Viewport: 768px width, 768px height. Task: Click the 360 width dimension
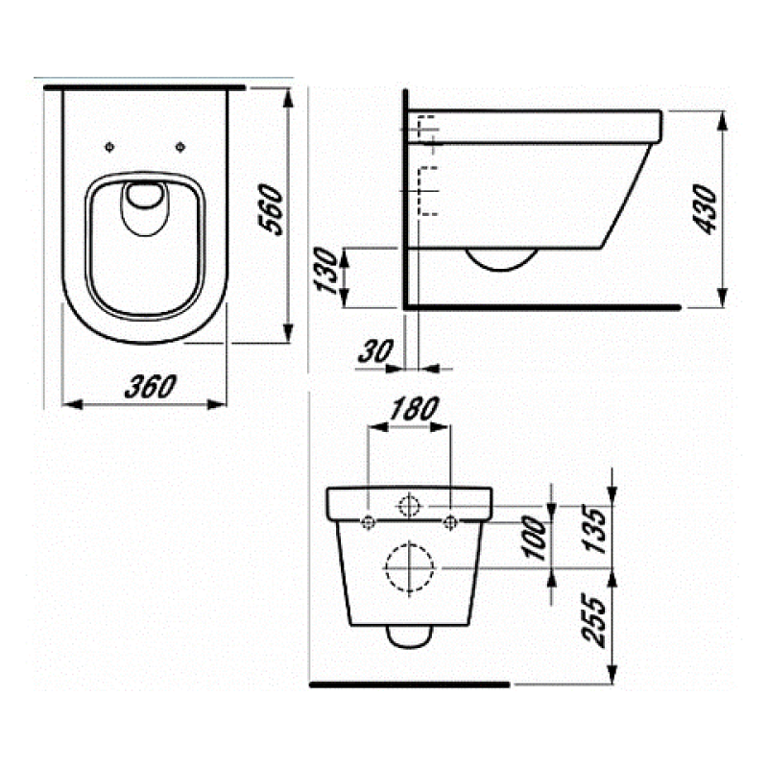pyautogui.click(x=150, y=386)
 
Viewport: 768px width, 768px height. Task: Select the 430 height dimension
pyautogui.click(x=708, y=210)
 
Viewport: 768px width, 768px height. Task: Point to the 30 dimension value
pyautogui.click(x=371, y=351)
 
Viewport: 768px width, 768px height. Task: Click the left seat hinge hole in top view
pyautogui.click(x=109, y=146)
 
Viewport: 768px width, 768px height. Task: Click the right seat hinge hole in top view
pyautogui.click(x=181, y=146)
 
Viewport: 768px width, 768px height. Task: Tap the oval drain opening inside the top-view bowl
pyautogui.click(x=145, y=198)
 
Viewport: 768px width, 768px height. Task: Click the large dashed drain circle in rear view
pyautogui.click(x=410, y=567)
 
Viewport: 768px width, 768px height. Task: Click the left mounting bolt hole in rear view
pyautogui.click(x=369, y=522)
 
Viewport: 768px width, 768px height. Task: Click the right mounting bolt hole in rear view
pyautogui.click(x=451, y=522)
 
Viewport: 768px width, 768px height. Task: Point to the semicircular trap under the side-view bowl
pyautogui.click(x=500, y=259)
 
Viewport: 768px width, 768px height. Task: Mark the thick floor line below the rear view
pyautogui.click(x=410, y=684)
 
